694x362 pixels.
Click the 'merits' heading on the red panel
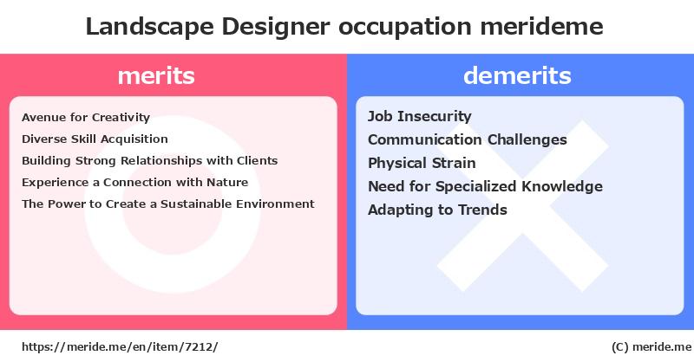pyautogui.click(x=156, y=75)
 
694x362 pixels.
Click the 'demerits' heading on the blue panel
pyautogui.click(x=517, y=75)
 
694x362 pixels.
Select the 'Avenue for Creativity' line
pyautogui.click(x=86, y=118)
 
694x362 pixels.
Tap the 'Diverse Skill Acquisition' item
pyautogui.click(x=95, y=139)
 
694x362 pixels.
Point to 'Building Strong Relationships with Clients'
pyautogui.click(x=149, y=160)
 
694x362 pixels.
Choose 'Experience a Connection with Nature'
pyautogui.click(x=135, y=182)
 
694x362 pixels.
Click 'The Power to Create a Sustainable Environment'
pyautogui.click(x=168, y=204)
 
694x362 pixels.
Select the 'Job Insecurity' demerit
pyautogui.click(x=420, y=116)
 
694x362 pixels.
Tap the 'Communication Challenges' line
pyautogui.click(x=468, y=139)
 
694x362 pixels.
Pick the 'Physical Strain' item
pyautogui.click(x=422, y=163)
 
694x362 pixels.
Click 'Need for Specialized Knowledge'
pyautogui.click(x=485, y=186)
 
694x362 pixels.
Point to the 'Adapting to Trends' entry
pyautogui.click(x=437, y=210)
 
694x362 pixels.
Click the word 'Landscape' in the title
pyautogui.click(x=149, y=27)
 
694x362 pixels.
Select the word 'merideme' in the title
pyautogui.click(x=541, y=26)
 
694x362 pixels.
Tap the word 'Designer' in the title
pyautogui.click(x=275, y=27)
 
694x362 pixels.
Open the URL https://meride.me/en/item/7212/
pyautogui.click(x=120, y=347)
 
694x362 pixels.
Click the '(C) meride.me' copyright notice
pyautogui.click(x=651, y=347)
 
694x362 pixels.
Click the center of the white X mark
pyautogui.click(x=523, y=206)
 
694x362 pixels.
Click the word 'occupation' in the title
pyautogui.click(x=404, y=28)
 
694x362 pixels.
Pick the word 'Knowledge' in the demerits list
pyautogui.click(x=562, y=186)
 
